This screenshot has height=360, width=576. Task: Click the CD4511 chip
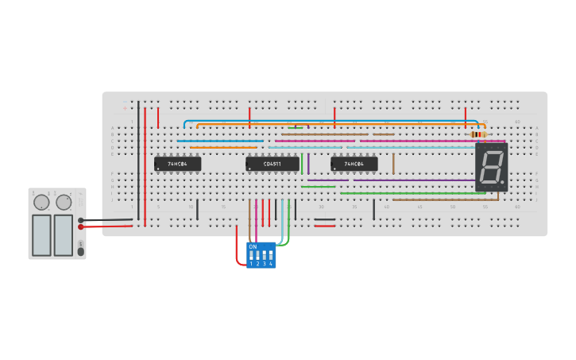[273, 164]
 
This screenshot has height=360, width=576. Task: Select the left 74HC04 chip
[177, 164]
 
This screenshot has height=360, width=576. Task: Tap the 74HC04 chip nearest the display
[354, 164]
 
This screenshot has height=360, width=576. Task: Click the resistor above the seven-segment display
[478, 135]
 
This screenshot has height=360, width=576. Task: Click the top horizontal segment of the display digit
[492, 152]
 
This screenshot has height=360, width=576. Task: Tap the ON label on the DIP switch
[253, 247]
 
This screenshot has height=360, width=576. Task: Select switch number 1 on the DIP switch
[252, 257]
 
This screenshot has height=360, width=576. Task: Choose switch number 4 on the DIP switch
[271, 257]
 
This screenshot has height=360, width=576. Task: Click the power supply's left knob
[41, 203]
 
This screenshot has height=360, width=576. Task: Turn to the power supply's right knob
[64, 203]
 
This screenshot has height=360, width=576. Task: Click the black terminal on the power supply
[81, 220]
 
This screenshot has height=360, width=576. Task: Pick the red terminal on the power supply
[81, 227]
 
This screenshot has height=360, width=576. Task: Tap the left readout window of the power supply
[41, 234]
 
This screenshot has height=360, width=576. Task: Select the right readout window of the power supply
[64, 234]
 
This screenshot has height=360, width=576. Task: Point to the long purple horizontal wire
[413, 180]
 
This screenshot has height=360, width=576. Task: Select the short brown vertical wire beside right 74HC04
[393, 164]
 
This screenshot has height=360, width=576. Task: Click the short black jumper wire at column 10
[198, 209]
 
